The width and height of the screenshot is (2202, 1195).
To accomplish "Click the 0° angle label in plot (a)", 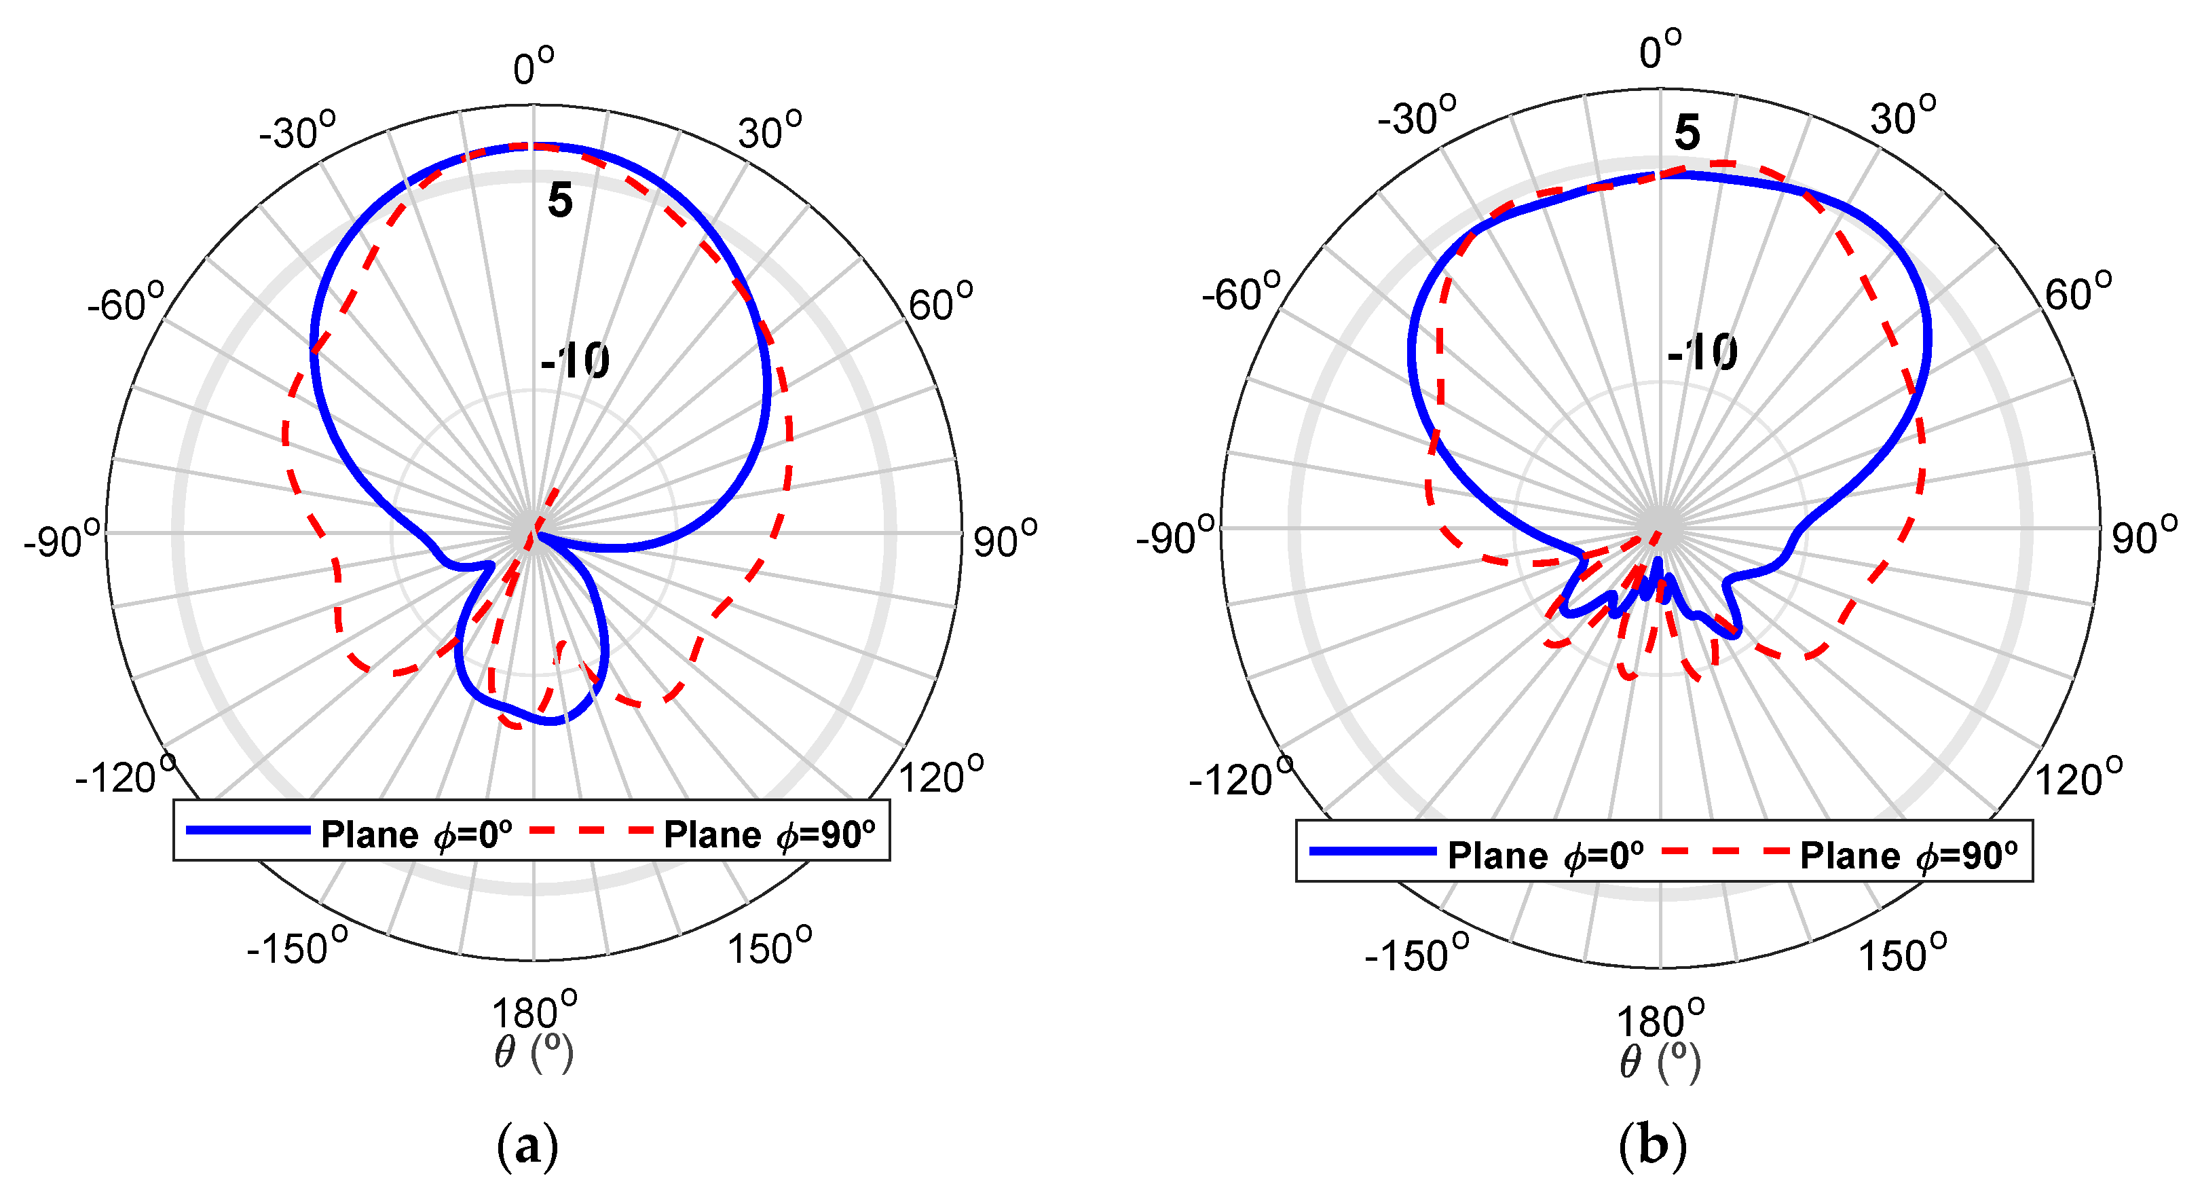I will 534,67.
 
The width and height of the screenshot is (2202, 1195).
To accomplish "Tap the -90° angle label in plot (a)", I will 62,540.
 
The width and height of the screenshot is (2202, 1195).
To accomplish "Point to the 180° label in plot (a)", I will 534,1012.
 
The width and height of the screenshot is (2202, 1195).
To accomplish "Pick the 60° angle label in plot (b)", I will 2078,293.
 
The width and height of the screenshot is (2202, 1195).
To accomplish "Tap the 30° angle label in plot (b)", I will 1903,117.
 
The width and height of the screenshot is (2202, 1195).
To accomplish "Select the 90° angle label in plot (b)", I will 2144,537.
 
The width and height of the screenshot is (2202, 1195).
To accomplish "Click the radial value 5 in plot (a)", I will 560,200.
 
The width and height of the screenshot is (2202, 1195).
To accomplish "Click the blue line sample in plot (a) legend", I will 248,830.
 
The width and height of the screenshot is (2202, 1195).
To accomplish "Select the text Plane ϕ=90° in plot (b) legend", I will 1909,855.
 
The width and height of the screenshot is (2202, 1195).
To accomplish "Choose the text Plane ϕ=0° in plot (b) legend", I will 1546,855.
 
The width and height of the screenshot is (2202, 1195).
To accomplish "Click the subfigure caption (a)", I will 527,1145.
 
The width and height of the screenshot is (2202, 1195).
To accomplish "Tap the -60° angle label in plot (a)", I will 126,304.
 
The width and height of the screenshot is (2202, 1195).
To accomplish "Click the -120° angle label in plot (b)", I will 1240,778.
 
